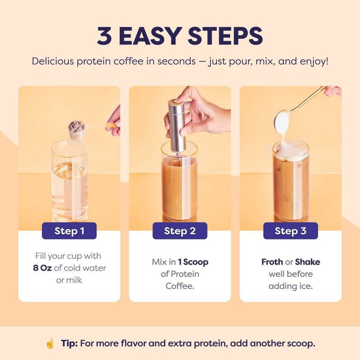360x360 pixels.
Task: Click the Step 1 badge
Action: click(x=69, y=231)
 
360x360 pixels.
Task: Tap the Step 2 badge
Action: click(x=180, y=231)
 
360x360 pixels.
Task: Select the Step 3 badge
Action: click(x=290, y=231)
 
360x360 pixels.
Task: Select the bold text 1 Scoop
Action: click(x=193, y=262)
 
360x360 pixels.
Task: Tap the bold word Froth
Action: click(x=272, y=262)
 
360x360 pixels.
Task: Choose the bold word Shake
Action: click(x=307, y=262)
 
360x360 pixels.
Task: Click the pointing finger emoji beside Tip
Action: click(x=50, y=343)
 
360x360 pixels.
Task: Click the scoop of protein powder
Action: click(x=77, y=126)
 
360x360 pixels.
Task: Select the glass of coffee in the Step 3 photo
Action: click(x=290, y=184)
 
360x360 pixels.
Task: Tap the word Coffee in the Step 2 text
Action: click(x=180, y=286)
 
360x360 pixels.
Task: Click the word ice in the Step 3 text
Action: click(x=305, y=286)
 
